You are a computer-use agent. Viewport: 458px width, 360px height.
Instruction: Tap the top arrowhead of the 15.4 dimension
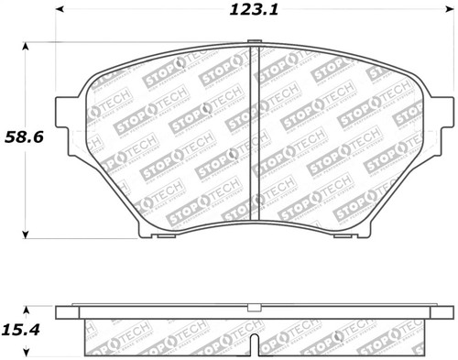click(25, 309)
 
